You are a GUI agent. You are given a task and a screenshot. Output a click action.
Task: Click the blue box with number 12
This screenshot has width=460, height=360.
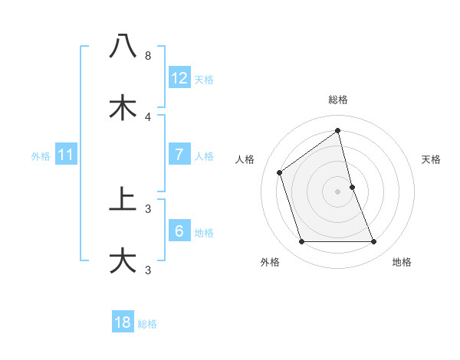[x=179, y=78]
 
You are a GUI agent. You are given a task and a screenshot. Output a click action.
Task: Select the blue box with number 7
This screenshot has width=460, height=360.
[x=179, y=155]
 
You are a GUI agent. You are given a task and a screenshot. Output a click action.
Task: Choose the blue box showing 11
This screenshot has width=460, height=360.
[x=66, y=155]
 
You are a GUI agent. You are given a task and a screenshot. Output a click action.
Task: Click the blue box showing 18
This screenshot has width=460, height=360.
[x=123, y=322]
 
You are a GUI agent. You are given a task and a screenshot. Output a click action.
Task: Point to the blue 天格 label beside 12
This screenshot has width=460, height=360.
[x=204, y=80]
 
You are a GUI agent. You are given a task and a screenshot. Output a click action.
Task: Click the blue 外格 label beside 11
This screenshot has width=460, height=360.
[x=41, y=156]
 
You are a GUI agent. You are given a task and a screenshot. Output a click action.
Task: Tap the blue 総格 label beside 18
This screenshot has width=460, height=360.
[x=147, y=324]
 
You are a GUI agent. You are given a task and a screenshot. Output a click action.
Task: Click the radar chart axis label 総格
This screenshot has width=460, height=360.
[x=338, y=100]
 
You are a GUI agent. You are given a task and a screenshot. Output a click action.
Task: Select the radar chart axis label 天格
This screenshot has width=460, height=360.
[x=432, y=159]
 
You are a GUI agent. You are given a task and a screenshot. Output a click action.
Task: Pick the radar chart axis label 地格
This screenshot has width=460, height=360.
[x=402, y=262]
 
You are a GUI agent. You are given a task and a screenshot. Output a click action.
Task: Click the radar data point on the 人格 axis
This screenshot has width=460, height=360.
[x=280, y=172]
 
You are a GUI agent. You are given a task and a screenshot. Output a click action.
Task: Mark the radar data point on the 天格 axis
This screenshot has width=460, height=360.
[x=353, y=187]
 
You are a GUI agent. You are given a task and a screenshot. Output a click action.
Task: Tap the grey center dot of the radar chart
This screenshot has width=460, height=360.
[x=338, y=191]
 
